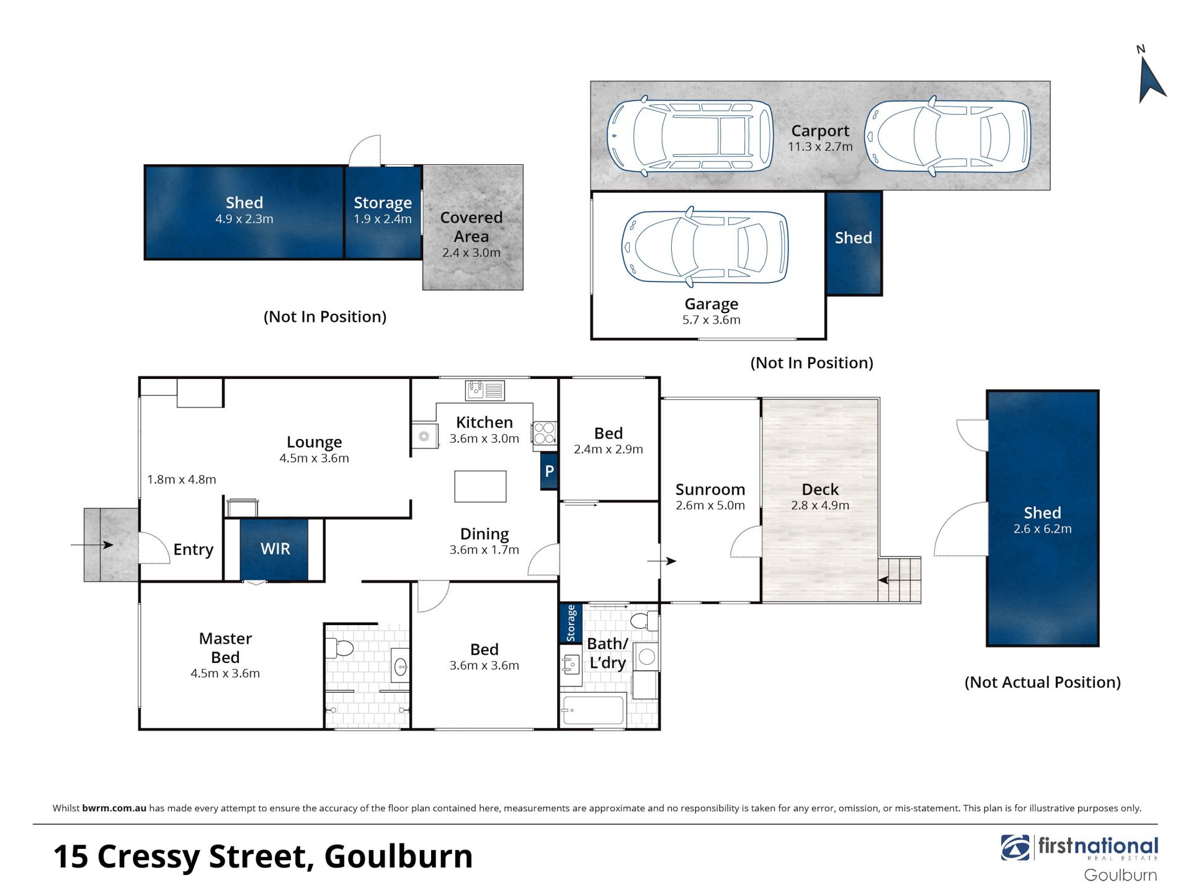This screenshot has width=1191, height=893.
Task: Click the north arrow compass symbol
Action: click(x=1151, y=81)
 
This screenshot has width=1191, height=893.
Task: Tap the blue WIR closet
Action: click(x=274, y=549)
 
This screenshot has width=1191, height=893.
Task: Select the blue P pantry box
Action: click(x=549, y=471)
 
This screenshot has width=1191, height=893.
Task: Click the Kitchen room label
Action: click(x=484, y=422)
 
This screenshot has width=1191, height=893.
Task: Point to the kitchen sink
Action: click(x=485, y=391)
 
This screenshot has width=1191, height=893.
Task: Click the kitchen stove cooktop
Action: click(x=544, y=433)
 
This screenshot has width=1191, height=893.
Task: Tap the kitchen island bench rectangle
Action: click(x=480, y=486)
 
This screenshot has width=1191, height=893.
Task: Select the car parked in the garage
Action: click(x=705, y=246)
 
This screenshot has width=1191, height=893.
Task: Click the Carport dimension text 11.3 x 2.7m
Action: click(x=820, y=147)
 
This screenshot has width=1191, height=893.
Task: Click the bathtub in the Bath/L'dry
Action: click(x=592, y=710)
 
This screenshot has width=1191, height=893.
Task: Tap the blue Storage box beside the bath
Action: click(x=571, y=623)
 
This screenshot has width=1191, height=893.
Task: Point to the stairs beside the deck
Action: click(x=899, y=580)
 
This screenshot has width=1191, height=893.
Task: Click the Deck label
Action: click(x=820, y=490)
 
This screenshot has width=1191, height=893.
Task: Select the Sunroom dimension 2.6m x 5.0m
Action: click(x=710, y=505)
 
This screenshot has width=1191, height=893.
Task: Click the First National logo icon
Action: click(x=1015, y=848)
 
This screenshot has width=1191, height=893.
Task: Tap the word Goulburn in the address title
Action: click(x=398, y=856)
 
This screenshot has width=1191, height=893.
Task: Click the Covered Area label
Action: click(x=471, y=227)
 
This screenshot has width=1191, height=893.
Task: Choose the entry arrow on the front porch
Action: click(x=92, y=545)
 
